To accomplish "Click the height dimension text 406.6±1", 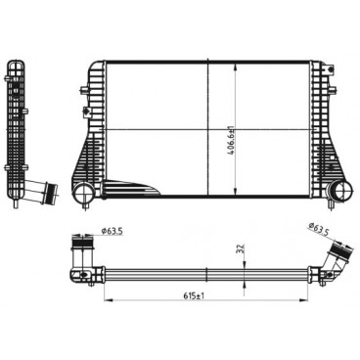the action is pyautogui.click(x=232, y=141).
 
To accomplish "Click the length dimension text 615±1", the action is pyautogui.click(x=194, y=295).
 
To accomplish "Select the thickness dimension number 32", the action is pyautogui.click(x=242, y=249).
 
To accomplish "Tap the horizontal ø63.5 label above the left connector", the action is pyautogui.click(x=112, y=231).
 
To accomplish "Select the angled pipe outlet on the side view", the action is pyautogui.click(x=41, y=192).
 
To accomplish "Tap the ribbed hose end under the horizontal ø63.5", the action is pyautogui.click(x=82, y=243).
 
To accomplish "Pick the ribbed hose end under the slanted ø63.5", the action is pyautogui.click(x=340, y=251).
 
